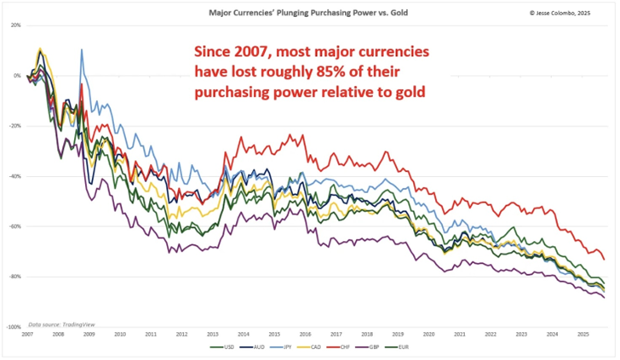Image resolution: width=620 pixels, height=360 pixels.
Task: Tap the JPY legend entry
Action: click(293, 348)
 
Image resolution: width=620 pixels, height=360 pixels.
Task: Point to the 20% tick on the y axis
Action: click(15, 26)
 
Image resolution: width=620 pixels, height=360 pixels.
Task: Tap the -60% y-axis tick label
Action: click(14, 226)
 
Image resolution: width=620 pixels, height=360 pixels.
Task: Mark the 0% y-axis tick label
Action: click(17, 76)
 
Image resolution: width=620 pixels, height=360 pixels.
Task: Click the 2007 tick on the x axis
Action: click(28, 334)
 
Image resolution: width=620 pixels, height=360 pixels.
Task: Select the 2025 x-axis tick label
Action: click(583, 334)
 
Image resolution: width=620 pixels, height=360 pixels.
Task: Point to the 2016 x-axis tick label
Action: click(306, 334)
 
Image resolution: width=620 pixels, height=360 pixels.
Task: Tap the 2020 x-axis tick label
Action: click(429, 334)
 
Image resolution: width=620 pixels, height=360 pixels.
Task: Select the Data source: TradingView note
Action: click(60, 325)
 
